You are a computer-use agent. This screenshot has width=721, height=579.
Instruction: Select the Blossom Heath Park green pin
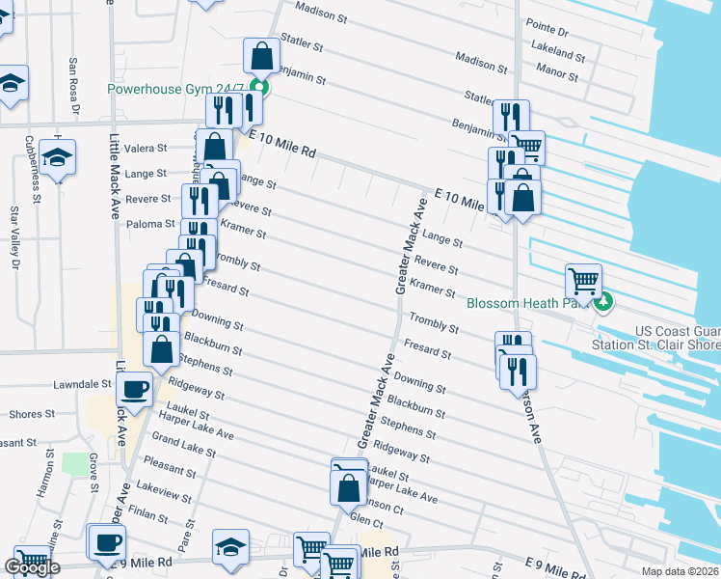[604, 303]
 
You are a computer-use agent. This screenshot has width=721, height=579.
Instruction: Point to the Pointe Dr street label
[547, 31]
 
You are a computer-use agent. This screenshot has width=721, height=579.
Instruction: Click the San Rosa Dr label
[73, 83]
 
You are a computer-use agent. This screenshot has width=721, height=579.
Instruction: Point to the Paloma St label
[148, 224]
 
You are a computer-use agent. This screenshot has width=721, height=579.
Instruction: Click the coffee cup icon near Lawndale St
[134, 389]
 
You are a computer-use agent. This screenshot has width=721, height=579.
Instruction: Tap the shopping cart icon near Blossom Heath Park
[584, 281]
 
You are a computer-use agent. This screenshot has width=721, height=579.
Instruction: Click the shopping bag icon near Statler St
[261, 56]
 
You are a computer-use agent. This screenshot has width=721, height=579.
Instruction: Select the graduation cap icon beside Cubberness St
[60, 156]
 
